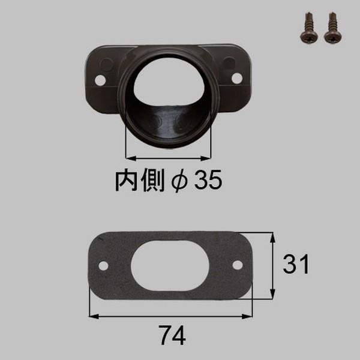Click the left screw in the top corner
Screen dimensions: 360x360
[x=309, y=29]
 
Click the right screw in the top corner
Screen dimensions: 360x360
[x=333, y=29]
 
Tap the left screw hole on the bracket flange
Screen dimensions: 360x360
[x=100, y=80]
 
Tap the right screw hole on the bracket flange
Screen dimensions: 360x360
[x=237, y=78]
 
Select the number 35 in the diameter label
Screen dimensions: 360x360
[x=208, y=180]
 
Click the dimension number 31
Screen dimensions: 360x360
[x=296, y=264]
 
